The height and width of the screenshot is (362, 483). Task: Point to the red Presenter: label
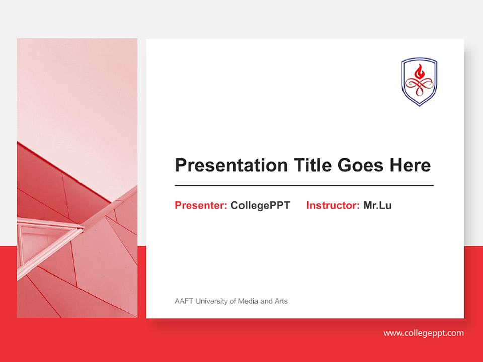pos(201,205)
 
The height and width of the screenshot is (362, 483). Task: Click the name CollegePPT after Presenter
pos(260,205)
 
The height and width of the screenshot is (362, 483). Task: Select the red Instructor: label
pos(333,205)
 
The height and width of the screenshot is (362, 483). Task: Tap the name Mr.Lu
pos(377,205)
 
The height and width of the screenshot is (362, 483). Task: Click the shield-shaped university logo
pos(419,81)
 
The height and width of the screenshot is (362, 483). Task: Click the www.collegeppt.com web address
pos(424,333)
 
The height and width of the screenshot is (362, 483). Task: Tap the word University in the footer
pos(211,301)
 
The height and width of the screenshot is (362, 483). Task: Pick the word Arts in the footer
pos(281,301)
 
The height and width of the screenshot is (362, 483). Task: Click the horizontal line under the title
pos(304,186)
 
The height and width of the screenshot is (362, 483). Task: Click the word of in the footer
pos(232,301)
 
